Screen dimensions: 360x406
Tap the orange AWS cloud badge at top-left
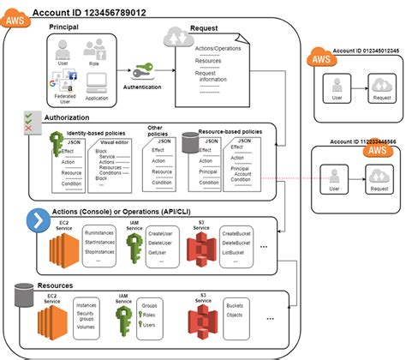(x=16, y=16)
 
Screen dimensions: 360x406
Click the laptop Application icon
(x=97, y=84)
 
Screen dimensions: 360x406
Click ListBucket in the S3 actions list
(x=236, y=254)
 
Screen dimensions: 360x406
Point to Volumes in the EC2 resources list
(x=87, y=326)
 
